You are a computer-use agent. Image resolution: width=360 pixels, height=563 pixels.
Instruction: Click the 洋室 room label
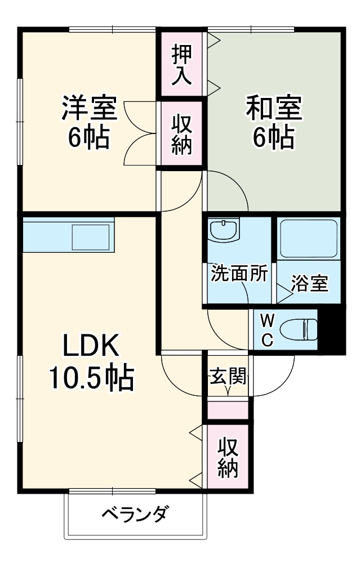tap(90, 108)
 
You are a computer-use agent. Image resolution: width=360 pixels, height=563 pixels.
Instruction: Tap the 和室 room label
tap(274, 108)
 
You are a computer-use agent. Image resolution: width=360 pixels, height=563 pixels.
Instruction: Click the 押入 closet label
tap(182, 65)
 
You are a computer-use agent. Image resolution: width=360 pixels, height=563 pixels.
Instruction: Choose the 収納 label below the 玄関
tap(228, 457)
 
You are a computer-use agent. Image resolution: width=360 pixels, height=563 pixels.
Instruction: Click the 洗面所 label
tap(239, 274)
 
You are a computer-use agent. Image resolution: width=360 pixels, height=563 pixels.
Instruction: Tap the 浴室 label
tap(310, 283)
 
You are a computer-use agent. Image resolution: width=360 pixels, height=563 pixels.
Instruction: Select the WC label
tap(267, 329)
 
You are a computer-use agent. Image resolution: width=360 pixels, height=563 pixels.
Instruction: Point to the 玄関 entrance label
tap(228, 376)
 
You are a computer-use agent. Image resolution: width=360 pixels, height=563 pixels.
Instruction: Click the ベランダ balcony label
tap(135, 514)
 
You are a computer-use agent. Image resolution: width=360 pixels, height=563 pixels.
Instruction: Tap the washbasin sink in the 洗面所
tap(224, 230)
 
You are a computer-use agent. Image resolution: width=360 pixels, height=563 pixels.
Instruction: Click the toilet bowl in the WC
tap(298, 329)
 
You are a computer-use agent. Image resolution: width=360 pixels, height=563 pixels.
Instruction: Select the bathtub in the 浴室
tap(309, 239)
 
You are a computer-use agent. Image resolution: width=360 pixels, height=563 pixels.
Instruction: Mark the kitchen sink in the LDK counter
tap(91, 238)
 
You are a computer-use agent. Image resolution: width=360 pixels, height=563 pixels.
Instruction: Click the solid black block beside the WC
tap(331, 329)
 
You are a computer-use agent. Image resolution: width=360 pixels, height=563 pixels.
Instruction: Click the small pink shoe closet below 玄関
tap(228, 410)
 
